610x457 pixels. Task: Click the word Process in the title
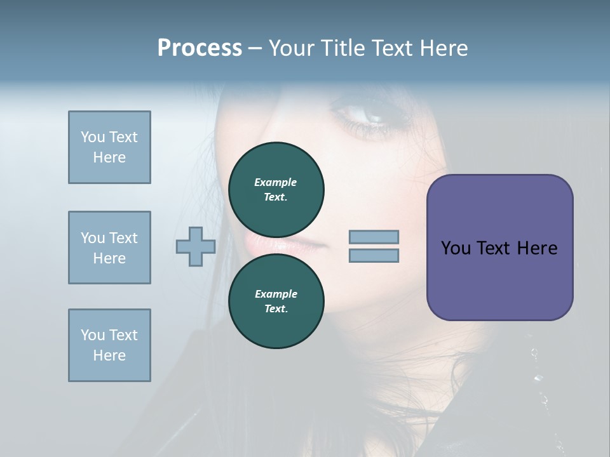pyautogui.click(x=200, y=48)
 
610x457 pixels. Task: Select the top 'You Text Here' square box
pyautogui.click(x=109, y=147)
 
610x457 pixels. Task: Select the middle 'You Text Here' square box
pyautogui.click(x=109, y=248)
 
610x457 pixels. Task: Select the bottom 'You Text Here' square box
pyautogui.click(x=109, y=345)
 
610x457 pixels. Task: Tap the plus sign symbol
pyautogui.click(x=196, y=246)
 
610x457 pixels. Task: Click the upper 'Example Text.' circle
pyautogui.click(x=276, y=190)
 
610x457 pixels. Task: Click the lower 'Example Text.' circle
pyautogui.click(x=276, y=301)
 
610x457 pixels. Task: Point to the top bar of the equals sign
pyautogui.click(x=374, y=237)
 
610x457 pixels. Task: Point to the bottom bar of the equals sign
pyautogui.click(x=374, y=256)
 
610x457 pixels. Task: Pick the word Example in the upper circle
pyautogui.click(x=276, y=182)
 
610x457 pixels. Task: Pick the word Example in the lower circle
pyautogui.click(x=276, y=294)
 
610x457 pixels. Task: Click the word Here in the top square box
pyautogui.click(x=109, y=157)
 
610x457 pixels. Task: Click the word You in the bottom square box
pyautogui.click(x=92, y=335)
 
